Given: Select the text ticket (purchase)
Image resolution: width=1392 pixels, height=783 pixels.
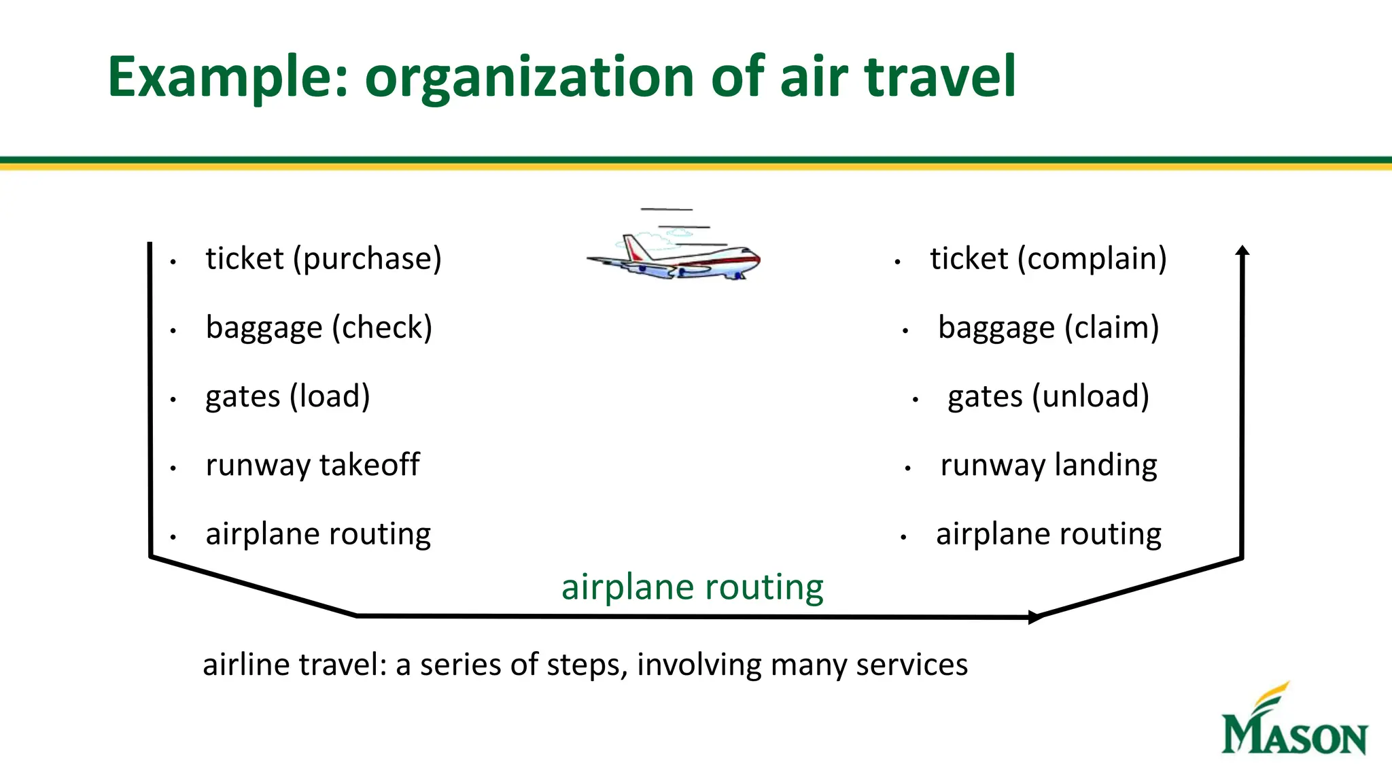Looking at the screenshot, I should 324,259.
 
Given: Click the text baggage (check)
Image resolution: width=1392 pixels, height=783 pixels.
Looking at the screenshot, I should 319,328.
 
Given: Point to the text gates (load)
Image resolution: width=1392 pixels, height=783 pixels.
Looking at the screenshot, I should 288,396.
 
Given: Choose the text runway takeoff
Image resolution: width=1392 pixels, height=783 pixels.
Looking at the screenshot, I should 313,466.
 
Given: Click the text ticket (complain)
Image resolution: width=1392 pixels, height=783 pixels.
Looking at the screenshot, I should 1048,259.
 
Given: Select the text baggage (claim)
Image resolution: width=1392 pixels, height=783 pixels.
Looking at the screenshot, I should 1048,328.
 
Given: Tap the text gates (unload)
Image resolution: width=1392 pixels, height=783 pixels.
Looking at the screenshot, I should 1048,396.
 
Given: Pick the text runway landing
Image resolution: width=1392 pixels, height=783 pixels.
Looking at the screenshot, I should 1048,466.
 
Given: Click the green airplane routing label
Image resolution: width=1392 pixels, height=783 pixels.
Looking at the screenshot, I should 692,587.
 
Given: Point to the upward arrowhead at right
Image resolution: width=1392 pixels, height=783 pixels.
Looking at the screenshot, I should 1242,251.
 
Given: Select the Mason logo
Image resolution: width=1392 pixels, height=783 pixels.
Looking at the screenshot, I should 1293,722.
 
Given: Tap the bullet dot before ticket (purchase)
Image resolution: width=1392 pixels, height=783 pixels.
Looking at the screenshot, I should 174,262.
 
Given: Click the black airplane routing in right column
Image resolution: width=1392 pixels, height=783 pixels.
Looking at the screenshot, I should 1048,534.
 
